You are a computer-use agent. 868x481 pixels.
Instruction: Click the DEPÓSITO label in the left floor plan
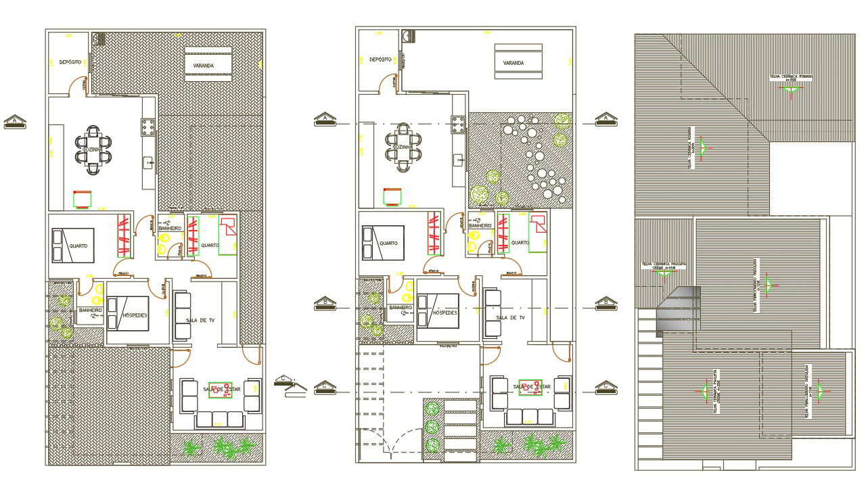(x=70, y=62)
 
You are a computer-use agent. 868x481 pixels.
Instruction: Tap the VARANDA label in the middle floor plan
(x=513, y=64)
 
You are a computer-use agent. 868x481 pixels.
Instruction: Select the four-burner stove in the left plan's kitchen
(x=148, y=125)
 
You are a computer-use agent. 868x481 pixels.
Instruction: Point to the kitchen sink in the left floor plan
(x=148, y=162)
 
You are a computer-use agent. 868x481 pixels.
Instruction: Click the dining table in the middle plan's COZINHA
(x=404, y=147)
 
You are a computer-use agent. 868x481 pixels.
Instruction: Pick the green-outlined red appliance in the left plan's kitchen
(x=83, y=198)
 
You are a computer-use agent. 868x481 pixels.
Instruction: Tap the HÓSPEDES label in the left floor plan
(x=135, y=315)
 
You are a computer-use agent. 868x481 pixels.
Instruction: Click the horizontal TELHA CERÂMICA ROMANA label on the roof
(x=791, y=77)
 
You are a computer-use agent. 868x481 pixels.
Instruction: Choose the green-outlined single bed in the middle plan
(x=538, y=233)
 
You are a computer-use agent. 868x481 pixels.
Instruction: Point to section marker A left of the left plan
(x=15, y=121)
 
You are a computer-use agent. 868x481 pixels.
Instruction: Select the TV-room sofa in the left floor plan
(x=183, y=315)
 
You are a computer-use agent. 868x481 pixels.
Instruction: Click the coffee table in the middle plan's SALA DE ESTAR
(x=530, y=387)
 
